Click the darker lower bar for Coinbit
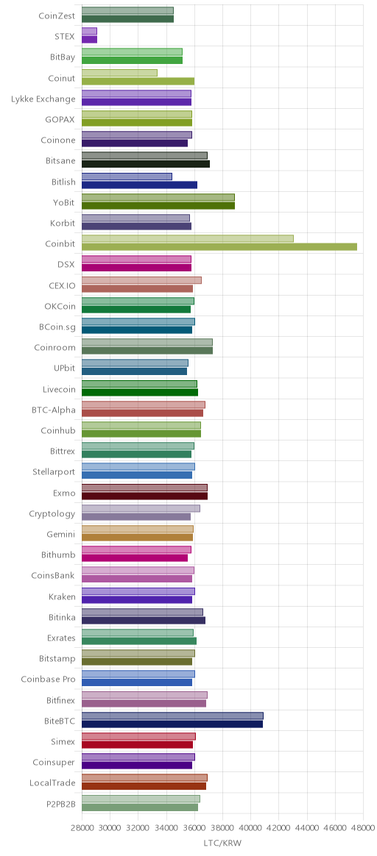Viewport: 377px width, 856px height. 219,247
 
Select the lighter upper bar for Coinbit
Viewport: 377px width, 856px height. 188,238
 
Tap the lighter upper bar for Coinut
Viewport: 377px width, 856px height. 120,73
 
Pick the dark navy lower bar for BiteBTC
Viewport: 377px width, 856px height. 172,724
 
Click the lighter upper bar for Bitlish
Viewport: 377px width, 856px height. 127,176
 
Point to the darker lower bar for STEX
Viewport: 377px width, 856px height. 89,39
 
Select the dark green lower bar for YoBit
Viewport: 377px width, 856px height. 158,205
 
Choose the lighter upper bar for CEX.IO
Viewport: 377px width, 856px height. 141,280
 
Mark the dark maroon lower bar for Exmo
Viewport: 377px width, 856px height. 145,496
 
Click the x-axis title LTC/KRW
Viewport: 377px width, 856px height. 222,843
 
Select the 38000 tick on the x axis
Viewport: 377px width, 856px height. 222,827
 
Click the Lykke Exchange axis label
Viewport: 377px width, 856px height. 43,99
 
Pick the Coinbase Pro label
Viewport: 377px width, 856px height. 48,680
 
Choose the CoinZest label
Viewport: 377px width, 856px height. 57,16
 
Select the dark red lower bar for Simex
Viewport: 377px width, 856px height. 137,745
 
